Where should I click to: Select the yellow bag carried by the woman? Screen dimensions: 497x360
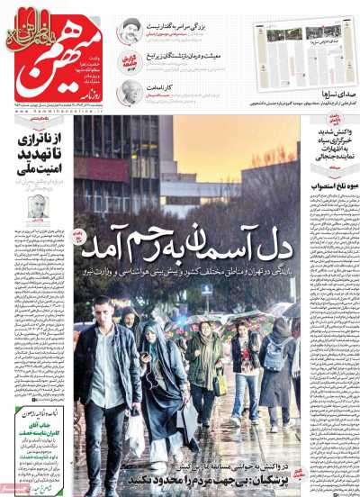(220, 384)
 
